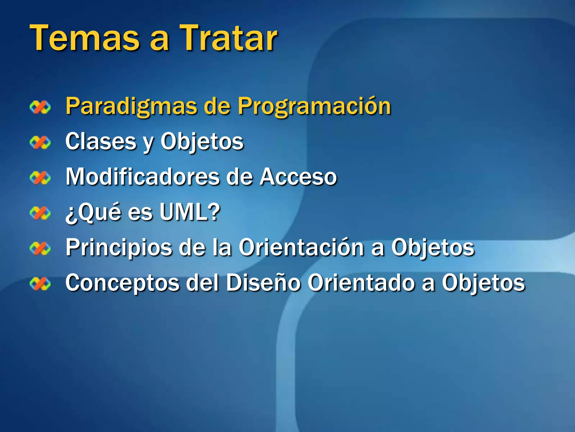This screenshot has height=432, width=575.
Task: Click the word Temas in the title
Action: (85, 38)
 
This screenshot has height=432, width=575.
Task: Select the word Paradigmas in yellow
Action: (131, 106)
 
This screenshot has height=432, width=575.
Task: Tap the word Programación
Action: (314, 106)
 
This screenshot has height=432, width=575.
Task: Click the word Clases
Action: (101, 141)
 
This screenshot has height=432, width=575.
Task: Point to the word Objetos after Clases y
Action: (202, 141)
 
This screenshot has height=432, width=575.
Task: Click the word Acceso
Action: (298, 177)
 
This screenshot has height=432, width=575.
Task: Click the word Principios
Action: (118, 247)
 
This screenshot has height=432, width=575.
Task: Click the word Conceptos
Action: (122, 283)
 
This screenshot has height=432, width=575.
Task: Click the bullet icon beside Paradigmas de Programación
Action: (40, 107)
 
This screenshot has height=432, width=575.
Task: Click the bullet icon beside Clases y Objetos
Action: (40, 142)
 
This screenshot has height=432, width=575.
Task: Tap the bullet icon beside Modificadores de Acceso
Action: (40, 178)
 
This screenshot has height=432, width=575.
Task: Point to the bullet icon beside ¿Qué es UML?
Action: (40, 213)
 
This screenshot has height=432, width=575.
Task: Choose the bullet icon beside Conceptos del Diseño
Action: (40, 283)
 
